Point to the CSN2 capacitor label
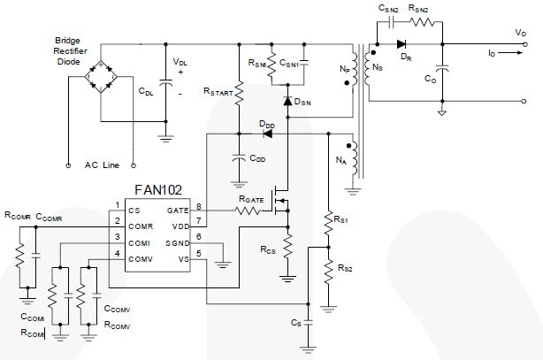pos(389,7)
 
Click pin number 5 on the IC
pos(200,253)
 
